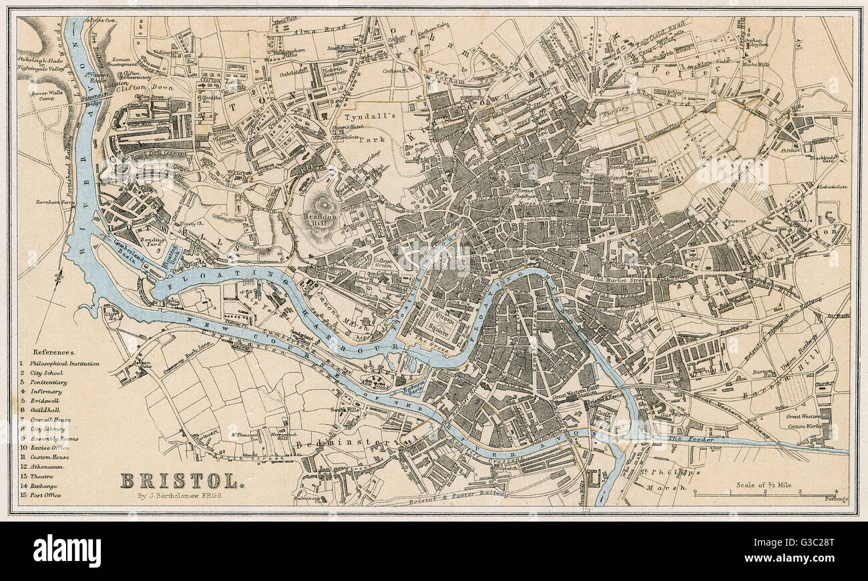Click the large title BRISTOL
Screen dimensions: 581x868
pyautogui.click(x=178, y=480)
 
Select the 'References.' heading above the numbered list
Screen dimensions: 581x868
pyautogui.click(x=54, y=351)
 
